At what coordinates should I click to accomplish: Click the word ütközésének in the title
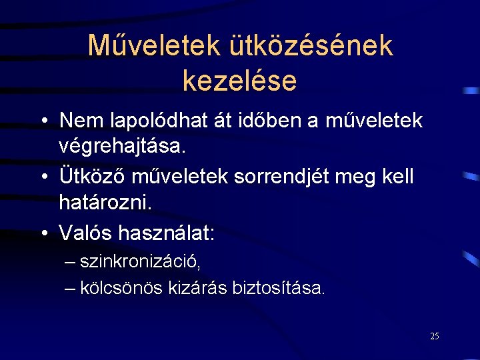pos(311,46)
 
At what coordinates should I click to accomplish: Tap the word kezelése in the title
pos(239,81)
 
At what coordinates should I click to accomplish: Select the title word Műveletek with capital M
pos(154,46)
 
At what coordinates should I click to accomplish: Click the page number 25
pos(435,336)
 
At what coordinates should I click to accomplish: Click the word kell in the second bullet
pos(397,177)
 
